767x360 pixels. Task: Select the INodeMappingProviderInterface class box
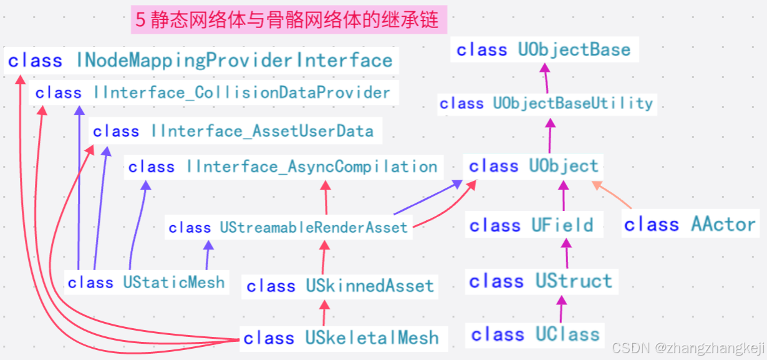coord(200,61)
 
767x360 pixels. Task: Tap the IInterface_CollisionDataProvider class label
coord(213,93)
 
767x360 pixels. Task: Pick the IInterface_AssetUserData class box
coord(233,132)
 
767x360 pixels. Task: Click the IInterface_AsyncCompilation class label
coord(282,167)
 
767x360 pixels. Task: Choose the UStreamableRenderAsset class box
coord(288,228)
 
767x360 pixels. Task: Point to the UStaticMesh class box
coord(146,283)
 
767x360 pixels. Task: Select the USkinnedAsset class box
coord(340,286)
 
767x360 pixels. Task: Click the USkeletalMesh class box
coord(341,338)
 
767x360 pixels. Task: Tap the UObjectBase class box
coord(543,50)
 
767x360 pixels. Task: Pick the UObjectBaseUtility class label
coord(546,104)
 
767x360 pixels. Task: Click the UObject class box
coord(533,167)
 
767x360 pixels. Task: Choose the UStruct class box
coord(541,281)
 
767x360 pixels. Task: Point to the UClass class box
coord(535,334)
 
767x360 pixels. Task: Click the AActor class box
coord(690,225)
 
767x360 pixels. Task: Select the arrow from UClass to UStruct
coord(562,309)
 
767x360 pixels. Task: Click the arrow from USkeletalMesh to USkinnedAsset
coord(324,313)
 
